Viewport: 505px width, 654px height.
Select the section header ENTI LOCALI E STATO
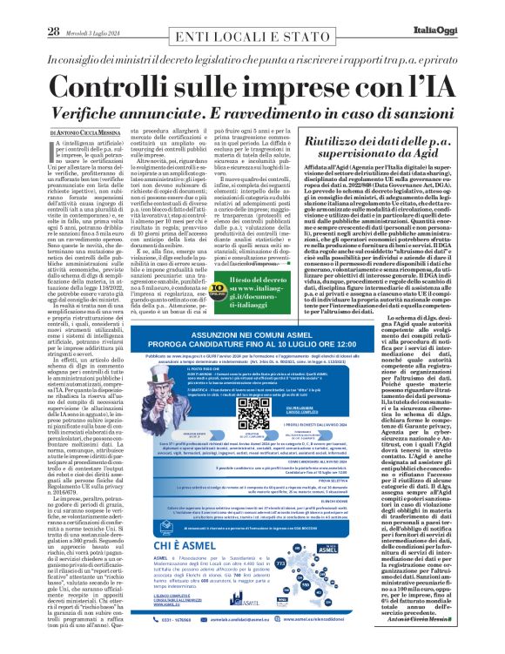tap(249, 11)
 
